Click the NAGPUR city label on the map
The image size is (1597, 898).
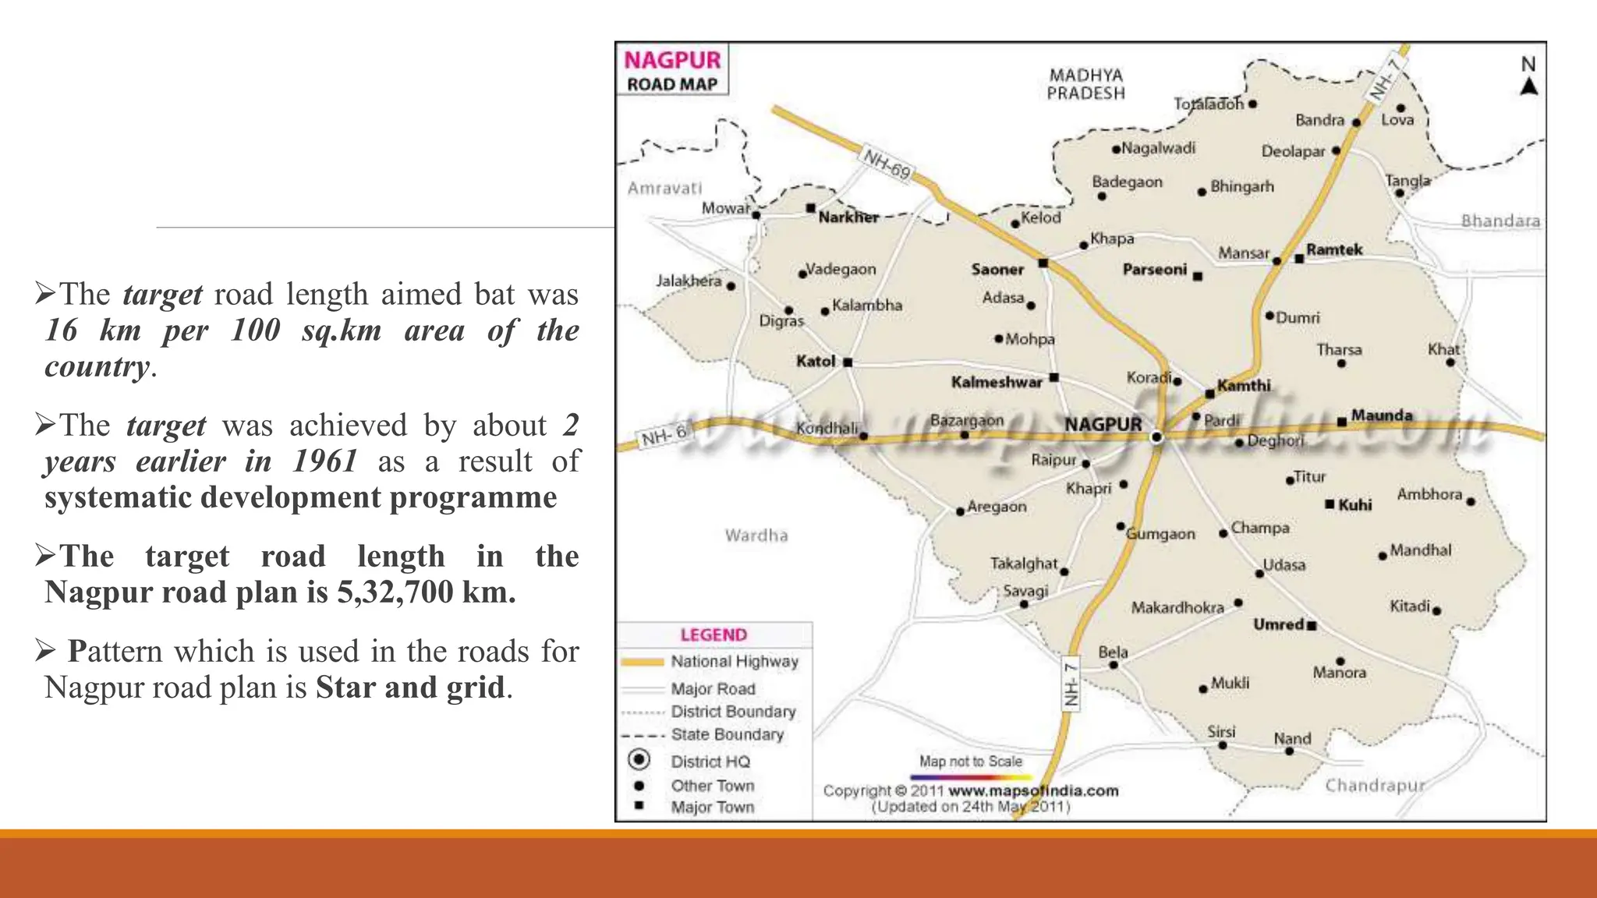click(x=1103, y=425)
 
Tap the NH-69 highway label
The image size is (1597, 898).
click(x=887, y=164)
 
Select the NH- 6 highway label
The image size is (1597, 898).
click(x=664, y=436)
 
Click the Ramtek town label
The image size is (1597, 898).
click(x=1334, y=250)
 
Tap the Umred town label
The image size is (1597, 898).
click(x=1278, y=624)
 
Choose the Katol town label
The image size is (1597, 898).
click(x=816, y=361)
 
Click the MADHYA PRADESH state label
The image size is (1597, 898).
click(x=1085, y=84)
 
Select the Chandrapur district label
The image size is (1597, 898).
click(x=1375, y=785)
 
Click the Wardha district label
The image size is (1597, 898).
click(x=756, y=536)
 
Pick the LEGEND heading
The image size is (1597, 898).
click(x=714, y=635)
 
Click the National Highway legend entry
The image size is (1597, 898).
click(x=734, y=662)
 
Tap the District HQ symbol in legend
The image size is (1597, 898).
click(x=639, y=759)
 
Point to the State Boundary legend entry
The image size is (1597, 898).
click(x=727, y=734)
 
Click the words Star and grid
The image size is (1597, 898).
click(x=410, y=688)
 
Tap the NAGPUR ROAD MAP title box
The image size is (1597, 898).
click(x=672, y=70)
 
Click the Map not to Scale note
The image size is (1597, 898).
click(x=970, y=761)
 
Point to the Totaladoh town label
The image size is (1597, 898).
click(x=1208, y=104)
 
